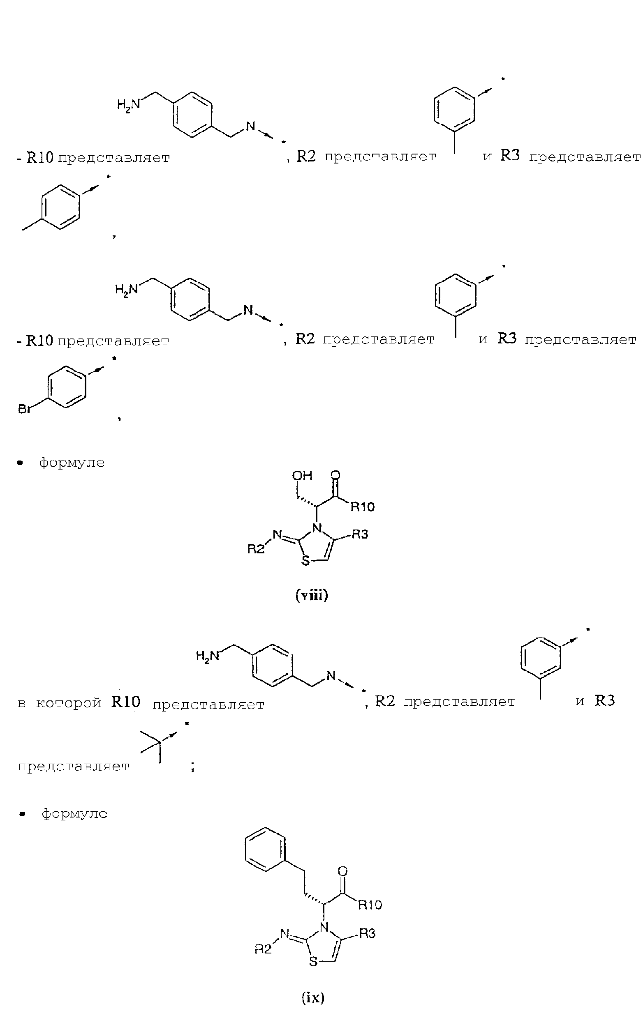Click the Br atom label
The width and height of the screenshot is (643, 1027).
[x=25, y=409]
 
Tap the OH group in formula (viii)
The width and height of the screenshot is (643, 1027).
[x=302, y=475]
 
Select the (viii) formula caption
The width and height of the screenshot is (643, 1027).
[x=312, y=595]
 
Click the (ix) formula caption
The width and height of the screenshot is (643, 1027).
[x=313, y=997]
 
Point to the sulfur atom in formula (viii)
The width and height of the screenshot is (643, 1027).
[x=305, y=561]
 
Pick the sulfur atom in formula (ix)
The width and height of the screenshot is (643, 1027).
[x=313, y=962]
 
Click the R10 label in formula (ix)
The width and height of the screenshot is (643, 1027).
[x=370, y=905]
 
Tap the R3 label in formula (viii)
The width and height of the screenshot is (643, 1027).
[x=360, y=534]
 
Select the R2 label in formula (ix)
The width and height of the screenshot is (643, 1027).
[x=263, y=949]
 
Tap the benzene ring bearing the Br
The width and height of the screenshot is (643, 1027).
[x=66, y=387]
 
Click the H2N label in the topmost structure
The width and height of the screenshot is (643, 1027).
[x=128, y=104]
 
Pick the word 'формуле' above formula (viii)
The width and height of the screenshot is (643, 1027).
[x=72, y=462]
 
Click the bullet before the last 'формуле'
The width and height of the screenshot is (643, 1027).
[x=23, y=814]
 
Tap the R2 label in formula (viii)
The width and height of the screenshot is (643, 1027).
[x=256, y=549]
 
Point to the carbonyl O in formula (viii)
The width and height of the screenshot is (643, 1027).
[x=335, y=475]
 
